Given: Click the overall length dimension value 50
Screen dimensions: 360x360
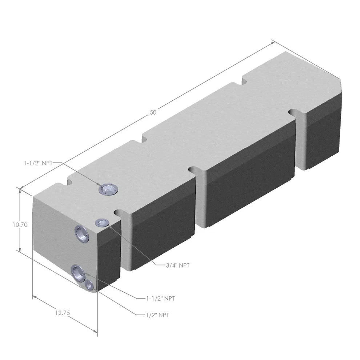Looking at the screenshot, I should [153, 112].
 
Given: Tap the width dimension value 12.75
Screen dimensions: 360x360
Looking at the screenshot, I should [63, 312].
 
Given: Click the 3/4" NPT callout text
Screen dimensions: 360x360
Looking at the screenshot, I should [177, 265].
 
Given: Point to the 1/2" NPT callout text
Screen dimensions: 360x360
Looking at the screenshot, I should [157, 315].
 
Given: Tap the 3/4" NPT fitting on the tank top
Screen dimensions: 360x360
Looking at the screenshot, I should [101, 223].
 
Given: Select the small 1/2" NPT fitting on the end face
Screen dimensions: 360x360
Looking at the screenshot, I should [89, 286].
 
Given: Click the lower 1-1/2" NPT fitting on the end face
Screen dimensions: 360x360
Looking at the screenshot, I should [78, 272].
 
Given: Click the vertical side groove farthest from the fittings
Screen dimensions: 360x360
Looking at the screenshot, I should [301, 140].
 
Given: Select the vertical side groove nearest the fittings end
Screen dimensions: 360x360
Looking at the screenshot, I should [125, 240].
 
